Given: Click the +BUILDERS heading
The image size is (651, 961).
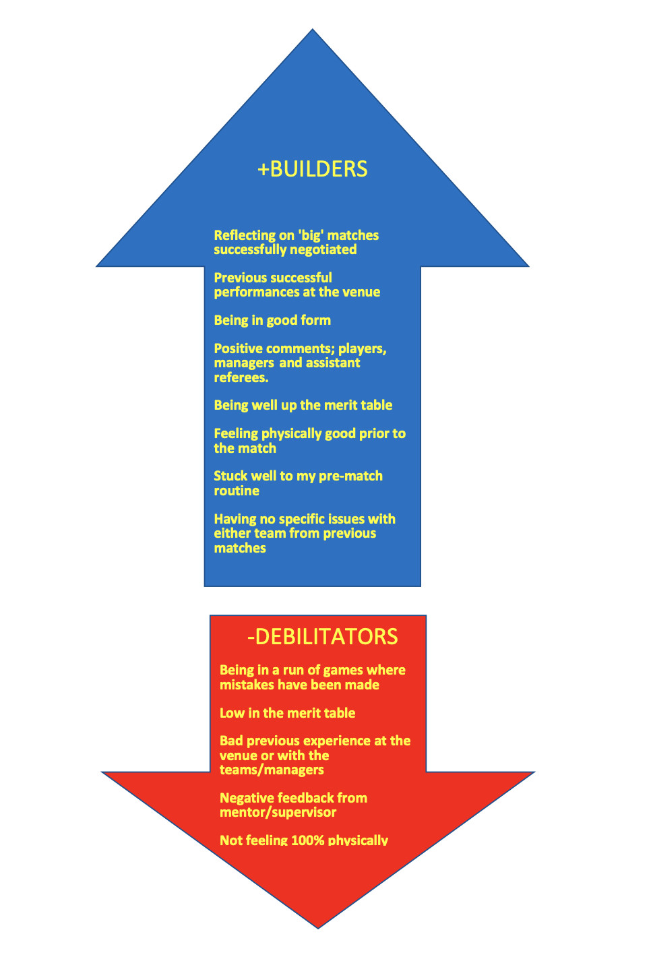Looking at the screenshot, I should coord(313,168).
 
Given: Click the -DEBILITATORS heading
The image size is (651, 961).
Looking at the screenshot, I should coord(323,637).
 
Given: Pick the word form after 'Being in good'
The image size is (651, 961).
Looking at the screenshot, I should coord(316,320).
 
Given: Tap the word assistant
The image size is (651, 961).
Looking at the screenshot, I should coord(334,363).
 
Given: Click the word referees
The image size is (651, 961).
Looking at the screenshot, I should coord(241,377).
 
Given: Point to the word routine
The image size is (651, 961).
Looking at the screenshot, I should coord(237,491).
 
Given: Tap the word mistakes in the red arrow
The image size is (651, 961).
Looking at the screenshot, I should coord(247,685).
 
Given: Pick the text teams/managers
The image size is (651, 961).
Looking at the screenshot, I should coord(272,770).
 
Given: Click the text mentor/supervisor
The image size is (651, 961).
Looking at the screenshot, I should coord(278,812).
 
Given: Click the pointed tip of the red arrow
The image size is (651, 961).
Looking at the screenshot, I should coord(318,926).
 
